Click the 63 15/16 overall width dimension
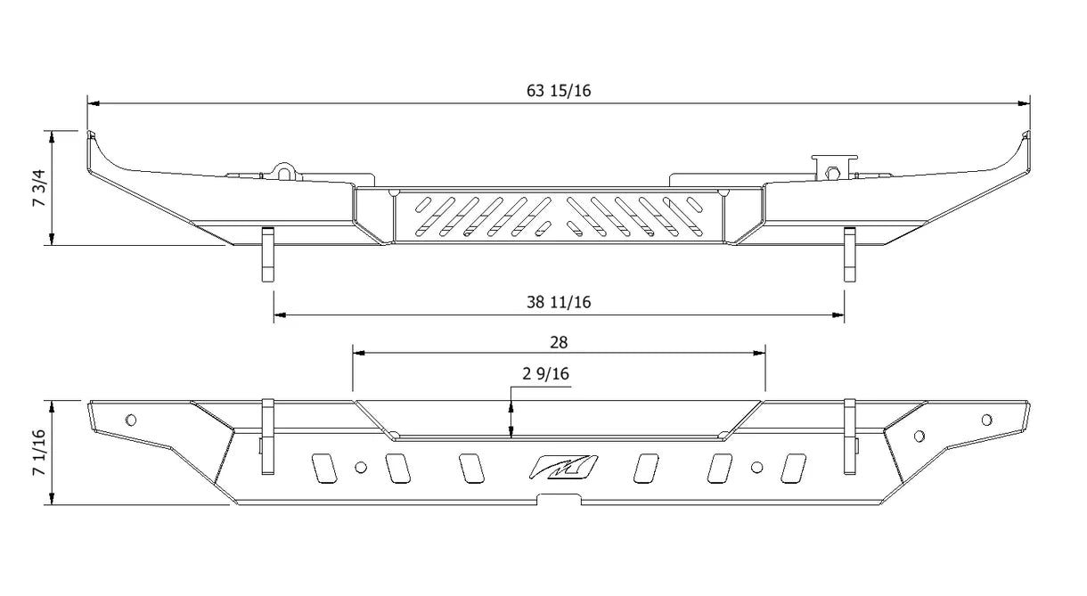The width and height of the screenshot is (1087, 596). [x=559, y=91]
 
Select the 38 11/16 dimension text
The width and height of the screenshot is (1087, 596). [x=559, y=302]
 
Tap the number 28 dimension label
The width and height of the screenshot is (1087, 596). [x=559, y=343]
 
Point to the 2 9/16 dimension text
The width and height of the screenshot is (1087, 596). [x=545, y=373]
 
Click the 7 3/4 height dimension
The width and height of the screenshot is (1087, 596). [x=39, y=187]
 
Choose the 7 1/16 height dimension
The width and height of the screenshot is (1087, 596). [x=39, y=453]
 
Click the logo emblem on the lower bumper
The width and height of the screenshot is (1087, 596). [x=563, y=467]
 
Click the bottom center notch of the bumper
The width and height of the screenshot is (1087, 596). [x=559, y=500]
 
